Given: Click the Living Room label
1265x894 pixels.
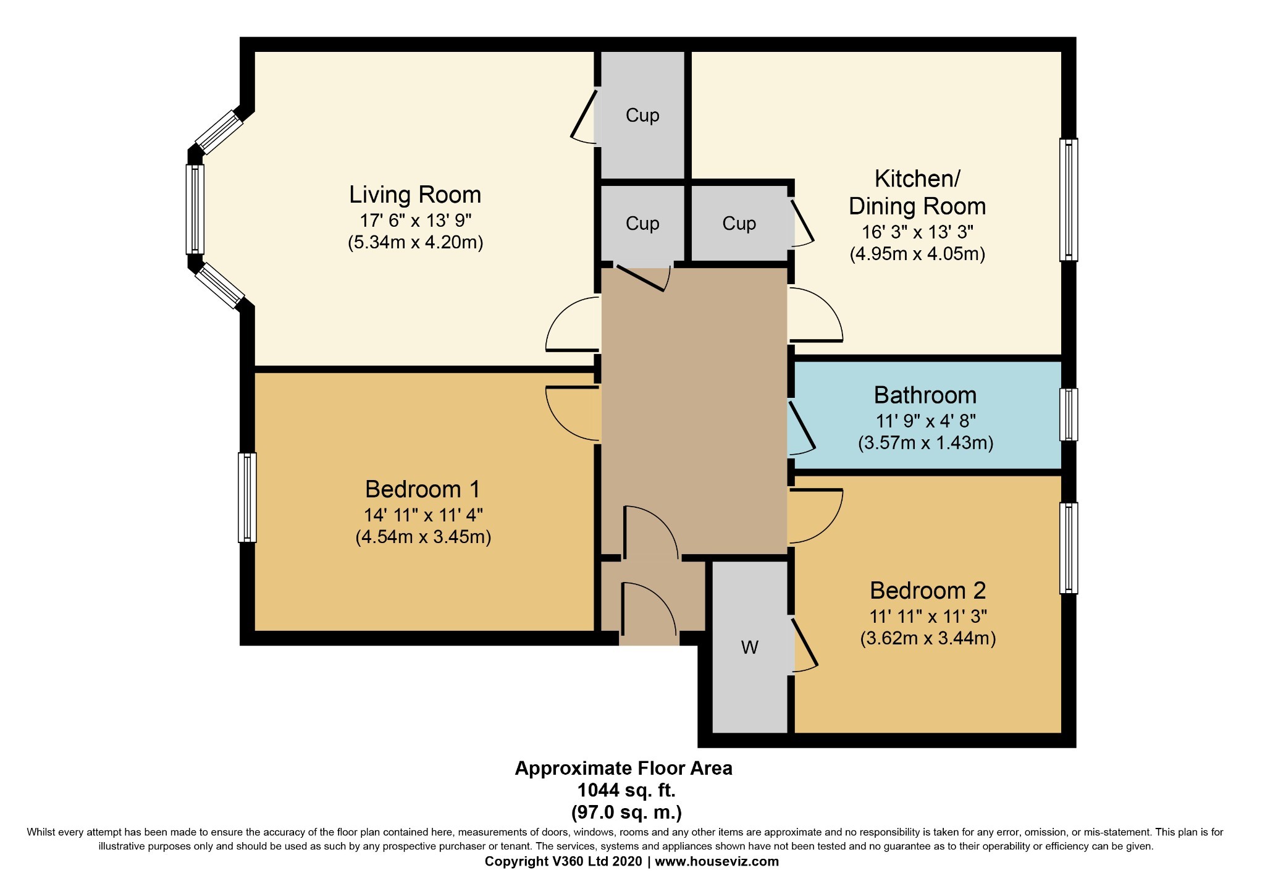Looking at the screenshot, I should [414, 195].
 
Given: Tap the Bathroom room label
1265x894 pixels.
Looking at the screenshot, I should [925, 395].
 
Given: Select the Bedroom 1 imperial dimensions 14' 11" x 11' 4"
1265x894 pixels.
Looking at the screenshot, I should [422, 515].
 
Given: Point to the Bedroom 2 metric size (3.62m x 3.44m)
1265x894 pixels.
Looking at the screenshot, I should [928, 638].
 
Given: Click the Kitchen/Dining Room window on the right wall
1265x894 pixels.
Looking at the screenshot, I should [1069, 200].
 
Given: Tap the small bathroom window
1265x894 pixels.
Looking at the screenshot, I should [1069, 415].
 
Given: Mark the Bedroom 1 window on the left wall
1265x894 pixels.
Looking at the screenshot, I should [247, 497].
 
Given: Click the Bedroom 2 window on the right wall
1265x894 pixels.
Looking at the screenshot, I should [1069, 548].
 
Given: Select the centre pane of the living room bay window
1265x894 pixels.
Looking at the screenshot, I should [195, 209].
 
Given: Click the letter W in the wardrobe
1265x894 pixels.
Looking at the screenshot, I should [749, 647].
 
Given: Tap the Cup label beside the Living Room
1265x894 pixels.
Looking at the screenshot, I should [642, 116].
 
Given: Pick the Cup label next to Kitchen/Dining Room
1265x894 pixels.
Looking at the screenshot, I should [739, 224].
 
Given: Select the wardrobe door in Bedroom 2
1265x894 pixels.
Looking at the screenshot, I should [804, 645].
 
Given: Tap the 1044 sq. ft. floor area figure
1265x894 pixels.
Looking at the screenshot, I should [626, 790].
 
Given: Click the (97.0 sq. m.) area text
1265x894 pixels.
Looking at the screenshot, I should [626, 812].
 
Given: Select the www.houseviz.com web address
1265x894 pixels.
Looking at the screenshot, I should [717, 861].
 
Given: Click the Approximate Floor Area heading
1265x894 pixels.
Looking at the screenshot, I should [623, 769].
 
